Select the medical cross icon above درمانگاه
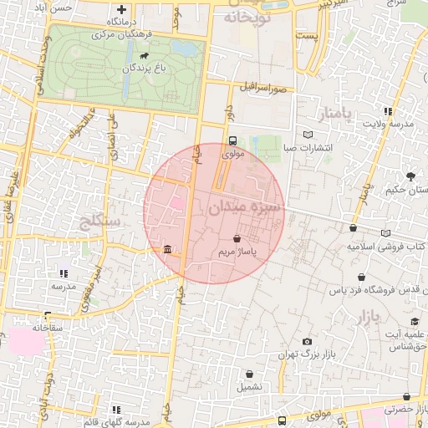coord(120,9)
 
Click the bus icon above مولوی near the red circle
coord(232,140)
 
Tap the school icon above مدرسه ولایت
coord(386,110)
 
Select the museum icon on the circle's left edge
coord(168,249)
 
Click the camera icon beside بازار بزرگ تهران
coord(308,342)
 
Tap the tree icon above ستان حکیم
coord(410,176)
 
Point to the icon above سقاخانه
coord(47,316)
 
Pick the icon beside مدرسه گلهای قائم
coord(115,409)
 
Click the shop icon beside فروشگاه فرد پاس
coord(360,277)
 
